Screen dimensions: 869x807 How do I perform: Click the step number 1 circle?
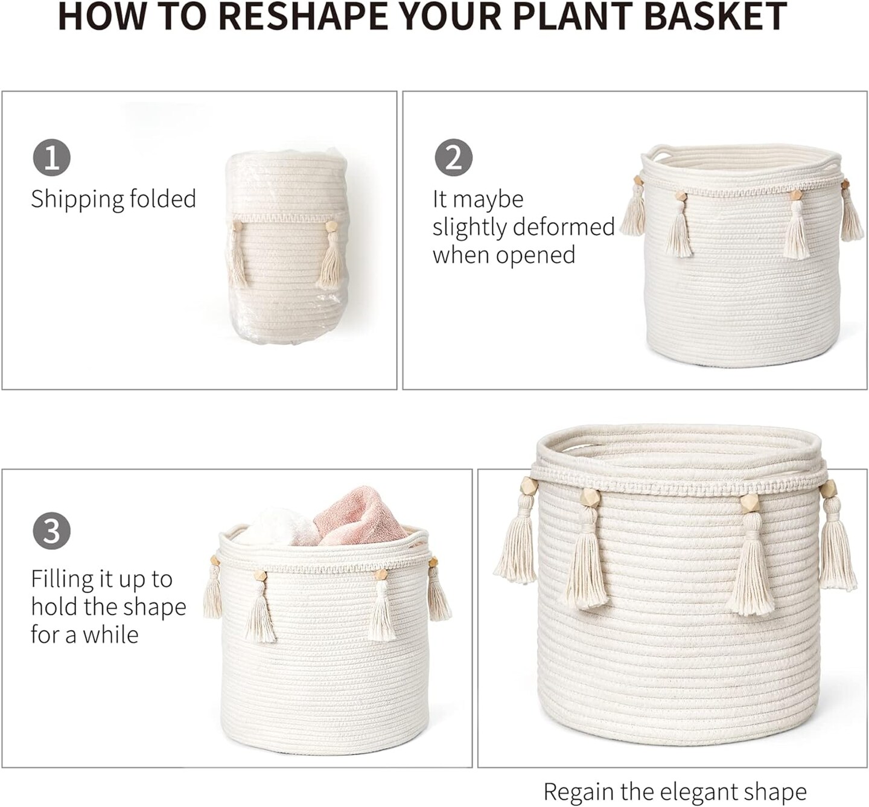point(52,158)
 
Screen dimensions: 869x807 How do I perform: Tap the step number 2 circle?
point(453,158)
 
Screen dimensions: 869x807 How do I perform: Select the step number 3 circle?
point(52,532)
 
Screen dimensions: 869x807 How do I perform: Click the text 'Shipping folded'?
point(113,199)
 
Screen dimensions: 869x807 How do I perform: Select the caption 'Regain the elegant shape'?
point(675,792)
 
